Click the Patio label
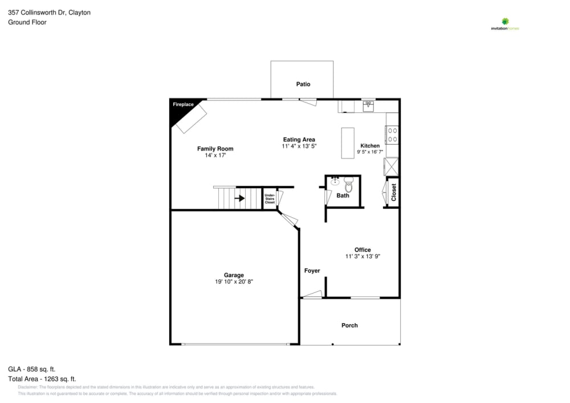coord(303,84)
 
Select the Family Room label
coord(215,149)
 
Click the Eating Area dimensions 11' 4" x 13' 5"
coord(299,146)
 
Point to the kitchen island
coord(348,143)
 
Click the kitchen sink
coord(368,105)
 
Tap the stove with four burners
coord(392,135)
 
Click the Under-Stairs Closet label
coord(269,199)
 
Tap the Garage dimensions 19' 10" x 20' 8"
coord(234,282)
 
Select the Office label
coord(363,250)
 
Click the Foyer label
coord(312,271)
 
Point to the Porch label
coord(349,325)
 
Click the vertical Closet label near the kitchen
coord(393,192)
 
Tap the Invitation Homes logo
coord(505,25)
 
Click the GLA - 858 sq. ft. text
coord(32,369)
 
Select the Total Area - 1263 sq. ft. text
coord(42,378)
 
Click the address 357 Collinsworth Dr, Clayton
coord(49,12)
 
